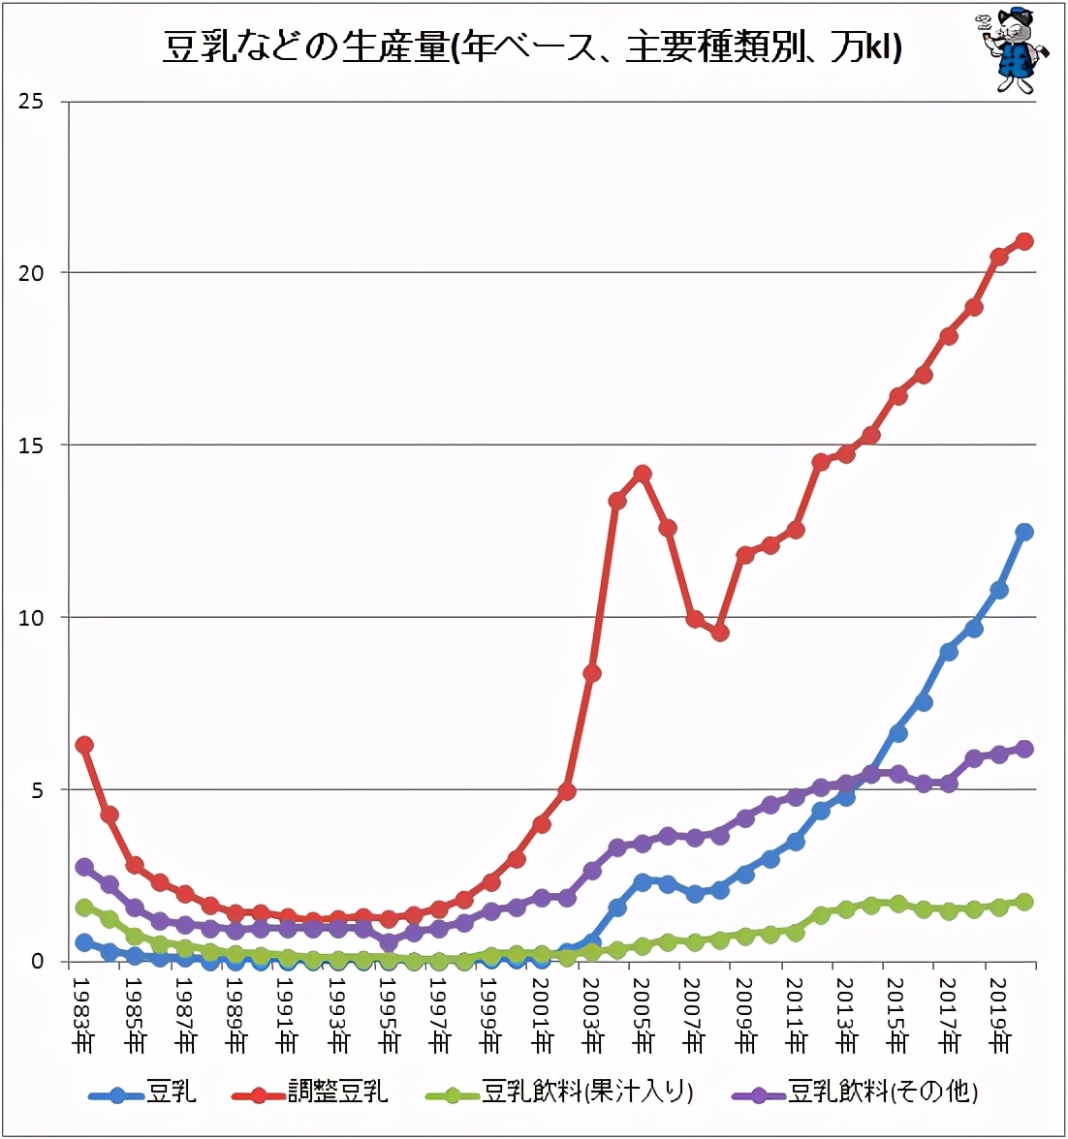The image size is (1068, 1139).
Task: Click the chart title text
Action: coord(532,46)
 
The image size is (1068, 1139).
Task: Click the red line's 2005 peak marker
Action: coord(642,474)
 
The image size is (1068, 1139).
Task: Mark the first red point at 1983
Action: coord(84,745)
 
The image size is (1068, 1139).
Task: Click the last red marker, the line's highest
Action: coord(1024,241)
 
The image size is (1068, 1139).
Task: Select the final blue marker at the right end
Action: coord(1024,532)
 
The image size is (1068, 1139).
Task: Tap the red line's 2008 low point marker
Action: coord(719,632)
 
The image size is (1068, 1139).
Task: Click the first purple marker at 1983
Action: coord(84,867)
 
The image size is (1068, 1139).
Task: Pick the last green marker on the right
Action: coord(1024,902)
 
